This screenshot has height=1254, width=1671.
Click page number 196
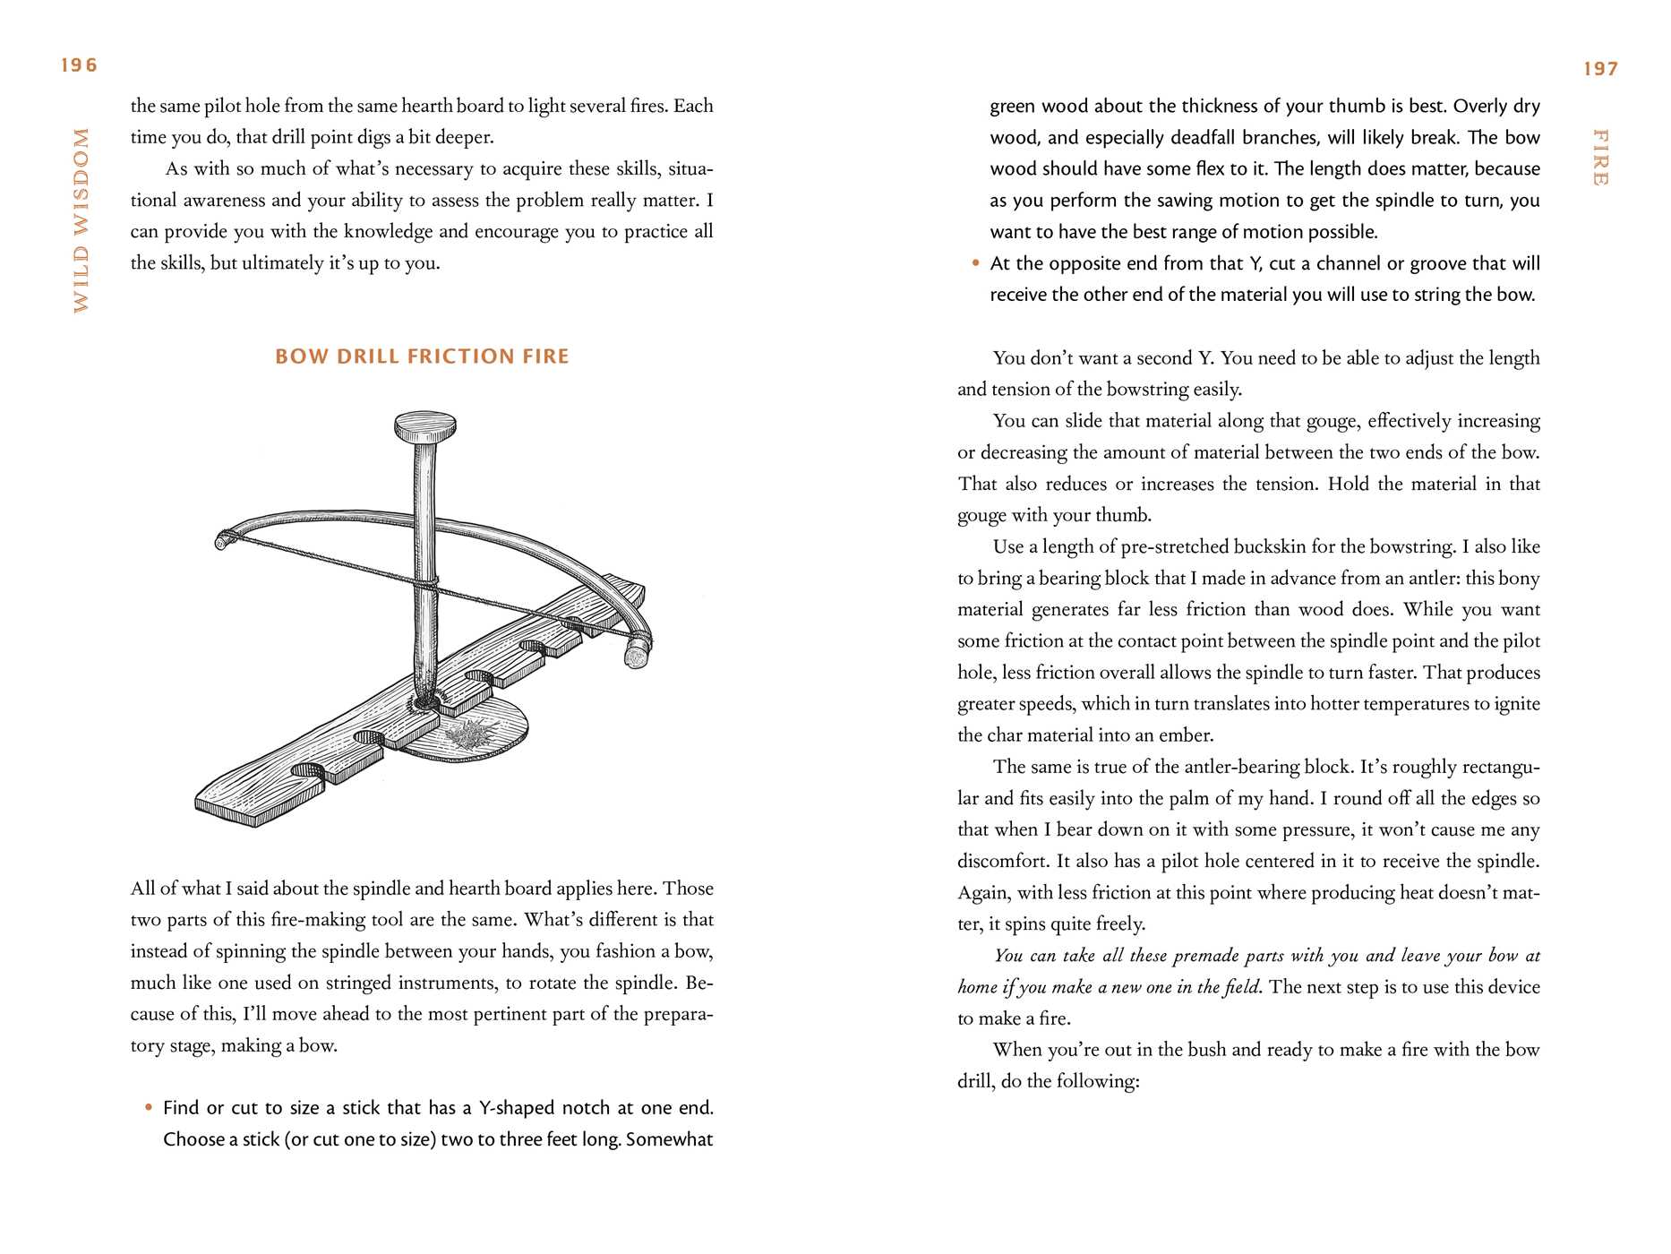[x=79, y=65]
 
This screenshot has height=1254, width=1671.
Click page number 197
[x=1600, y=69]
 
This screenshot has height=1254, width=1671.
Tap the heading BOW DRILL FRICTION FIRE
[x=422, y=356]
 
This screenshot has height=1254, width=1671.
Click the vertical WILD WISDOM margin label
[x=81, y=220]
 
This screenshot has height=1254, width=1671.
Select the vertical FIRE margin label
[x=1600, y=158]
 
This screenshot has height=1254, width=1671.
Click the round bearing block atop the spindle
[x=425, y=426]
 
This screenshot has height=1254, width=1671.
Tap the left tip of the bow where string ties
[x=222, y=540]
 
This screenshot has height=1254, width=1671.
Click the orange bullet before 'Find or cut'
[x=149, y=1108]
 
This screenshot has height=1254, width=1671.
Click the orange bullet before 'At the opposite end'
[x=975, y=263]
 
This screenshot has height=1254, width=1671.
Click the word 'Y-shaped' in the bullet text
[x=516, y=1108]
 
